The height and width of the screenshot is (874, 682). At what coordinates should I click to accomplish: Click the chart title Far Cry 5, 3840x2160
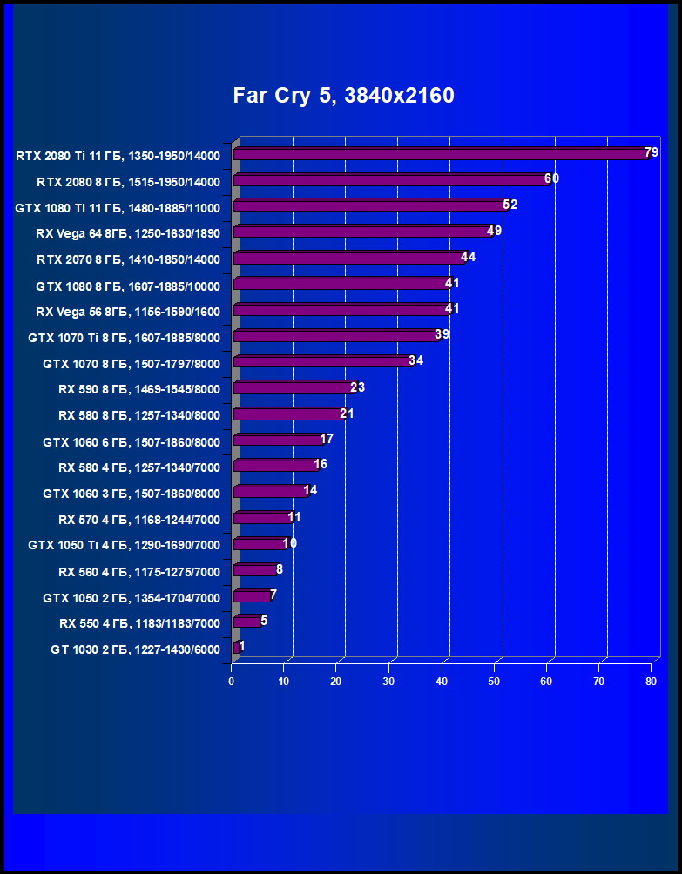(343, 96)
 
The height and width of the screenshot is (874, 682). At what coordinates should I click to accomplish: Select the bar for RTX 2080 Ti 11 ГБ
(440, 154)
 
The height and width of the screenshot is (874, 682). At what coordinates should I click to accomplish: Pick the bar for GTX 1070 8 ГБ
(322, 361)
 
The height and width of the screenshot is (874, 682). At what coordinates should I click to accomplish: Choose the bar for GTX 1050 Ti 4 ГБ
(259, 544)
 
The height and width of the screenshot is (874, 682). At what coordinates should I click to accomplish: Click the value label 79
(652, 153)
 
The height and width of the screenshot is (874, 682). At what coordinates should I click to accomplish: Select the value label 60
(551, 178)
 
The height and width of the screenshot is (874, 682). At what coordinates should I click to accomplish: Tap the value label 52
(510, 205)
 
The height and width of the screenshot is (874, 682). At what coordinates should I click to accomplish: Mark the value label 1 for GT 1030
(241, 646)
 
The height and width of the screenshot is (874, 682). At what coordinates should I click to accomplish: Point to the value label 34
(415, 360)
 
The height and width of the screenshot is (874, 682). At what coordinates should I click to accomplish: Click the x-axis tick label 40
(442, 682)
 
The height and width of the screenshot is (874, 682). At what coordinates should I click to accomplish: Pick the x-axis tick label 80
(651, 682)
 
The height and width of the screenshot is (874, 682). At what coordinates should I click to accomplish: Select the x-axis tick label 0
(232, 682)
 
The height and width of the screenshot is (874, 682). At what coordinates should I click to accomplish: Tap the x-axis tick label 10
(284, 682)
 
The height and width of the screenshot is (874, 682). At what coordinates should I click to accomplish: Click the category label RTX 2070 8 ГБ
(128, 259)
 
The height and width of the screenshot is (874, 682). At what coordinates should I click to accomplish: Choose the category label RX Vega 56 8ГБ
(128, 312)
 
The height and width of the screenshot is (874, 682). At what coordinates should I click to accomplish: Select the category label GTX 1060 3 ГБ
(132, 494)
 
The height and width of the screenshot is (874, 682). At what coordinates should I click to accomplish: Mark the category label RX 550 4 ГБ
(139, 623)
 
